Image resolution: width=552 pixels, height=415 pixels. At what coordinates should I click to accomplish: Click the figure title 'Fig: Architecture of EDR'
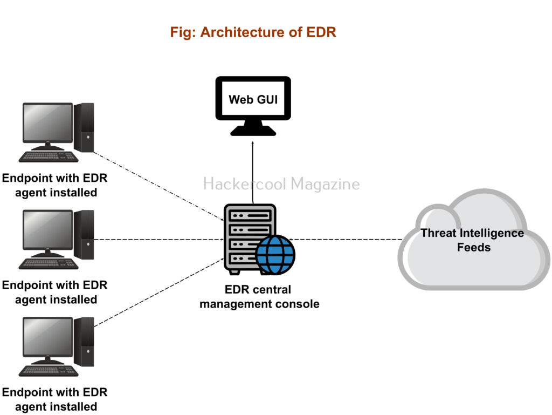click(x=253, y=32)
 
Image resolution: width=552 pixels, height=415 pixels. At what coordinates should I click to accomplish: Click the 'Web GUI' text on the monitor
click(x=253, y=99)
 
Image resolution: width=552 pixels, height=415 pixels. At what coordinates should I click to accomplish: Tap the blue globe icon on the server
click(x=275, y=255)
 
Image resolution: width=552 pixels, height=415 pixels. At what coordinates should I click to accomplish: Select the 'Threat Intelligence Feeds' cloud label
click(x=472, y=240)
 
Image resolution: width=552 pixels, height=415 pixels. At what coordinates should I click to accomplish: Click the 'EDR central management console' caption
click(x=259, y=297)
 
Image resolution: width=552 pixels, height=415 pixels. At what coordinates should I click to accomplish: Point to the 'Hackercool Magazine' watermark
click(x=281, y=184)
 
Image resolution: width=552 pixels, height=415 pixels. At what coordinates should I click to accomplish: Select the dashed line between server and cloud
click(x=345, y=239)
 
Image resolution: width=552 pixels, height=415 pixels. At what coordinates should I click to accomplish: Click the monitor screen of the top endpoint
click(x=47, y=123)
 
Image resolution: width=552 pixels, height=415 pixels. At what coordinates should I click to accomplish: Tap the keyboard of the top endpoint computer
click(x=49, y=157)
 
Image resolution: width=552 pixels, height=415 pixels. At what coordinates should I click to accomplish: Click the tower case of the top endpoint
click(x=84, y=127)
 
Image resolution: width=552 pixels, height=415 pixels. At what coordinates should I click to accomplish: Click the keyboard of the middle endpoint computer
click(x=49, y=263)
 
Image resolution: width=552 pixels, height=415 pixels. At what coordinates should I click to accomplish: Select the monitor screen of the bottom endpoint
click(x=47, y=337)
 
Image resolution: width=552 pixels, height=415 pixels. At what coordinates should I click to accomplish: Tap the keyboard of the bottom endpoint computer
click(x=49, y=371)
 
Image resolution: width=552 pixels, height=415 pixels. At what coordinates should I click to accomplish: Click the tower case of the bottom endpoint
click(x=84, y=341)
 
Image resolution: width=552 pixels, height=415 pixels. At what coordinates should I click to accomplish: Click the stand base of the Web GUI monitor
click(x=253, y=131)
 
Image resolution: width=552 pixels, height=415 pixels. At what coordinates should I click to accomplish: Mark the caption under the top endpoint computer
click(x=55, y=185)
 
